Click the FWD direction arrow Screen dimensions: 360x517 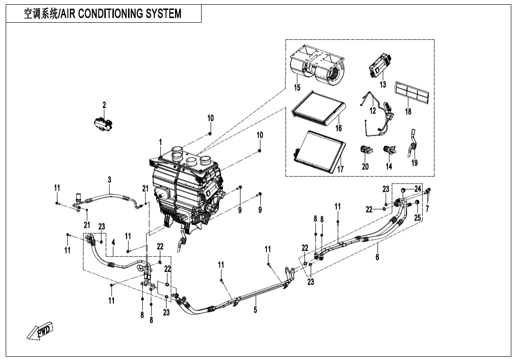(40, 331)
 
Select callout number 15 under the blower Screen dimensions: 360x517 (297, 87)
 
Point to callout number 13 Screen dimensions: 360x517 (383, 84)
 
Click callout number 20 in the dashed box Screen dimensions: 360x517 (365, 166)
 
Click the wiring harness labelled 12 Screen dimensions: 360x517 (379, 116)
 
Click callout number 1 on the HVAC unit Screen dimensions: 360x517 (160, 142)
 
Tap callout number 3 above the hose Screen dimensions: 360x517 (110, 180)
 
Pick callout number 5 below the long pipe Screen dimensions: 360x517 (255, 310)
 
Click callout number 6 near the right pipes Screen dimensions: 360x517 (377, 257)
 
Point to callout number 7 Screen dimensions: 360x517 (427, 208)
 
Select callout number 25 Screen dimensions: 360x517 (417, 217)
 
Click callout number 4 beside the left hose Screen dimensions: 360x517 (113, 242)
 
